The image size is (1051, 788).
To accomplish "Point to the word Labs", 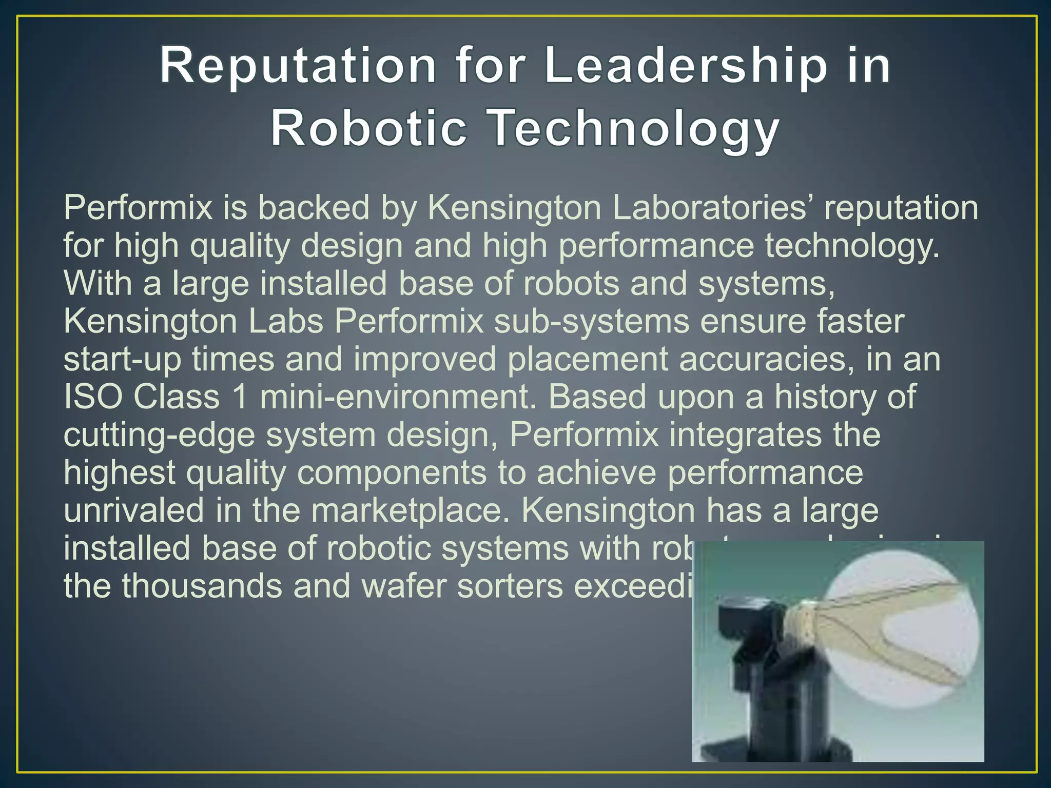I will tap(286, 321).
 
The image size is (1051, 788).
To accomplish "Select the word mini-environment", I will tap(398, 397).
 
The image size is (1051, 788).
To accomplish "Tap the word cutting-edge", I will tap(159, 435).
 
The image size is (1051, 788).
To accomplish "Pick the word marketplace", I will tap(408, 510).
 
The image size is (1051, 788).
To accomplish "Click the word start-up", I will tap(122, 359).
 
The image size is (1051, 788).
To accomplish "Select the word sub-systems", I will tap(592, 321).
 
